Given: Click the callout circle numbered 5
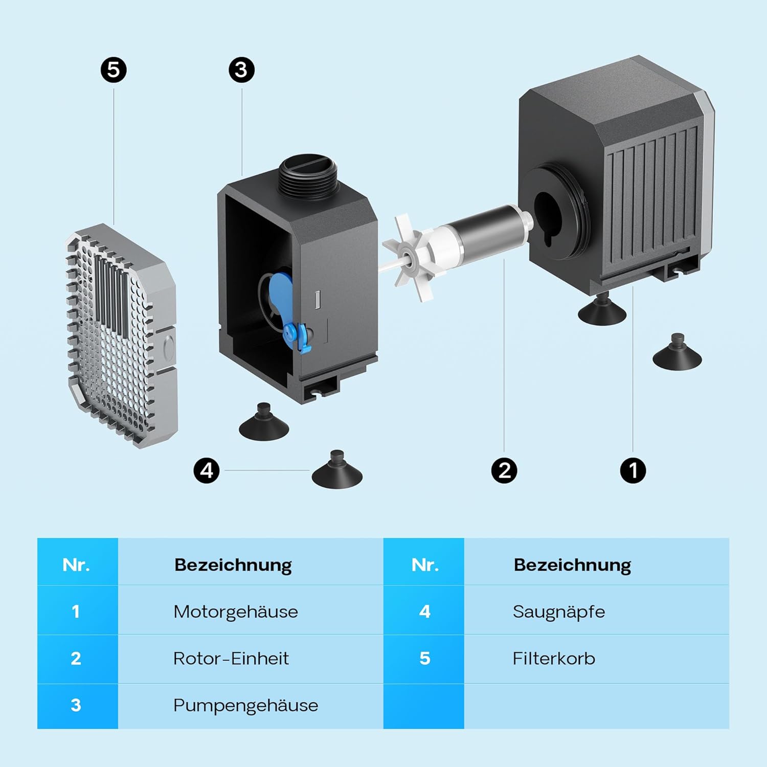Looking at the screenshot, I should pos(114,70).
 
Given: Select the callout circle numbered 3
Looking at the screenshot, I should pos(241,70).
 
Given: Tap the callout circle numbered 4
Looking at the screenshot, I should pos(207,470).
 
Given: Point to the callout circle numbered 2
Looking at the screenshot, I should pos(504,470).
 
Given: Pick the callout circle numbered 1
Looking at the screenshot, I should pos(633,470).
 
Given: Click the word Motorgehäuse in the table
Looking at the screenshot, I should pos(235,612).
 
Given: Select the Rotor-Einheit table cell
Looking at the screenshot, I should pos(231,659).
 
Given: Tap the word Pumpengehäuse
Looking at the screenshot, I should pos(245,706).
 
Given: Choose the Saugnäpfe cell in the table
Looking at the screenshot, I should pos(559,612).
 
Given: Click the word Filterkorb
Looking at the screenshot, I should pos(554,659).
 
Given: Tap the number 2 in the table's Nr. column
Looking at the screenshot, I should pos(76,659).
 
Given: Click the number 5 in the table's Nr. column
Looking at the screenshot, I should pos(424,659).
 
